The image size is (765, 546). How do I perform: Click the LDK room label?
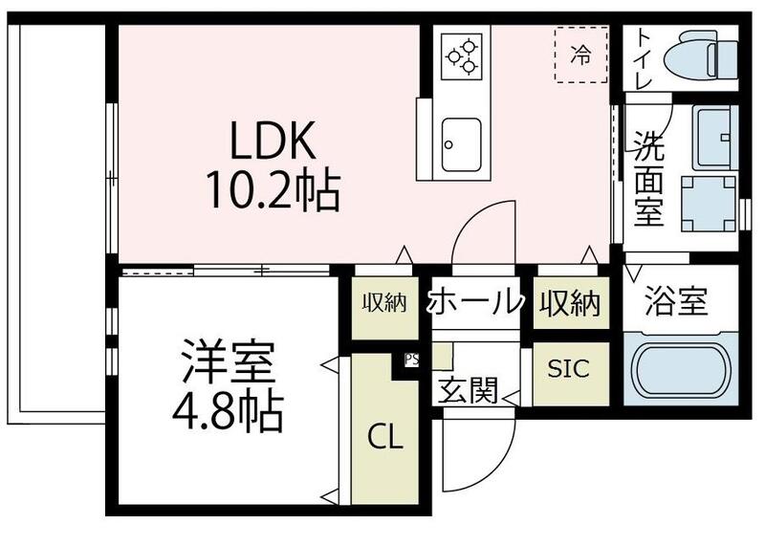pos(271,143)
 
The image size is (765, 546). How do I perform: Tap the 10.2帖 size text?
pos(271,192)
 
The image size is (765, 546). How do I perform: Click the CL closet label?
pos(386,438)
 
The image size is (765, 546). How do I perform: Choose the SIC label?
pos(569,369)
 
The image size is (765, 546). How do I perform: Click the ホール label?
pos(475,303)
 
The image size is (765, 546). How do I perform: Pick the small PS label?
pos(411,360)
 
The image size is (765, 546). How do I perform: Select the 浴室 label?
pos(675,301)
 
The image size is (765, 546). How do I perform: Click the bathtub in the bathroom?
pos(680,370)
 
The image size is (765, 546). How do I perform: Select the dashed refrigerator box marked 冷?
pos(580,55)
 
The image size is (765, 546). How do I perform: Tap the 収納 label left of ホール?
pos(384,303)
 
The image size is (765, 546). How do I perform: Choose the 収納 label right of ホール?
pos(570,303)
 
